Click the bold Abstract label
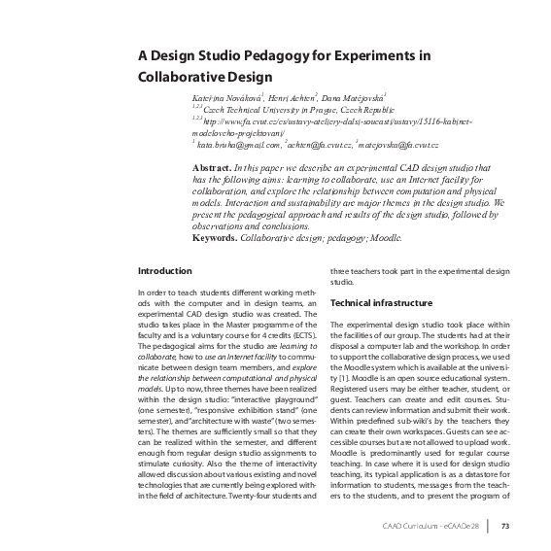point(213,168)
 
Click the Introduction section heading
point(165,270)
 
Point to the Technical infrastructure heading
point(381,303)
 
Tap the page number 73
point(505,528)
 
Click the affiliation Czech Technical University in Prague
point(268,112)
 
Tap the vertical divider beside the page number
point(489,528)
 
